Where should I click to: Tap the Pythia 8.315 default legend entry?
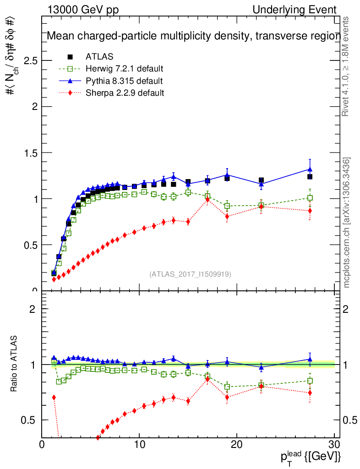pyautogui.click(x=124, y=81)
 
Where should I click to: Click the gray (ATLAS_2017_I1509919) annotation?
pyautogui.click(x=190, y=274)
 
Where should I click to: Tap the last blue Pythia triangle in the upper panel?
pyautogui.click(x=310, y=169)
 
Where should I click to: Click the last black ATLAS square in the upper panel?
pyautogui.click(x=310, y=177)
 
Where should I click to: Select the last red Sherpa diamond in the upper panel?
pyautogui.click(x=310, y=211)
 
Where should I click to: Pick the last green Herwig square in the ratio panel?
pyautogui.click(x=310, y=381)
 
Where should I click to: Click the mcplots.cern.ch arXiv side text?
pyautogui.click(x=347, y=223)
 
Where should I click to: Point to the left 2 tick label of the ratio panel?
pyautogui.click(x=33, y=309)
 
